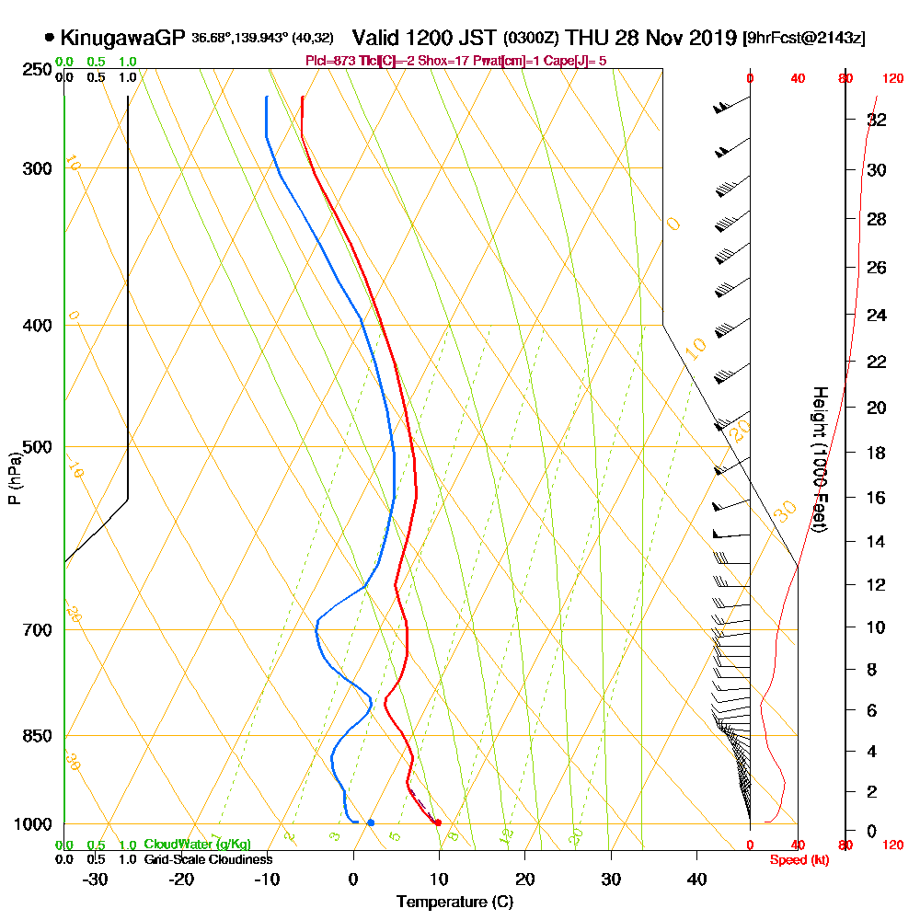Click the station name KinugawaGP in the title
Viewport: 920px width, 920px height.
(122, 38)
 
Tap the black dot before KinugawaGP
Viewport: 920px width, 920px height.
(49, 39)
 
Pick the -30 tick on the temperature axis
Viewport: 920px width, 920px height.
(96, 879)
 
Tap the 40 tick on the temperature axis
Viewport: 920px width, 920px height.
(696, 879)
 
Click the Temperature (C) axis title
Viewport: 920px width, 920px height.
(454, 903)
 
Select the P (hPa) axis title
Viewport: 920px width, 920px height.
(14, 477)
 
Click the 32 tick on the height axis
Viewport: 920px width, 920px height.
(877, 120)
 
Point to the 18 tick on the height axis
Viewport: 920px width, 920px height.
(877, 453)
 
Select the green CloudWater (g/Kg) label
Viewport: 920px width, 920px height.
(197, 845)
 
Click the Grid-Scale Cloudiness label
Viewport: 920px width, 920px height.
(208, 859)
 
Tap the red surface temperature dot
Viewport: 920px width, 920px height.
(438, 822)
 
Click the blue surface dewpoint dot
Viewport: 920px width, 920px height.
(371, 822)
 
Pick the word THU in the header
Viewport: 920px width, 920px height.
(586, 38)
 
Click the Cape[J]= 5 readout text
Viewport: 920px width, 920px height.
(576, 61)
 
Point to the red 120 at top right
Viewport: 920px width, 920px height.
(891, 78)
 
